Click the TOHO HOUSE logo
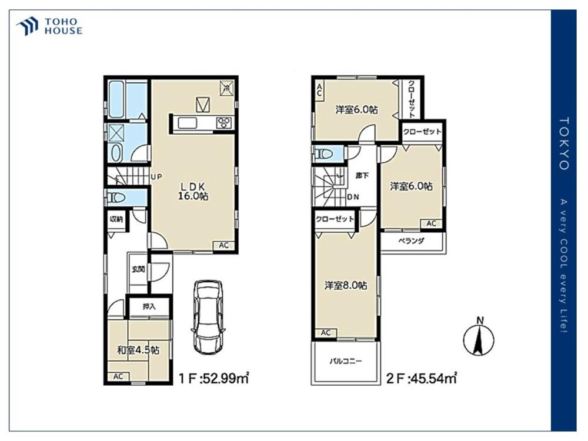(49, 26)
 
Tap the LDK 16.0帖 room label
(193, 191)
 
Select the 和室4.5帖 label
(138, 350)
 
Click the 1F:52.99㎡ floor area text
(214, 378)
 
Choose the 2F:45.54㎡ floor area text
(422, 378)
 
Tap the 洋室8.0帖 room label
(345, 286)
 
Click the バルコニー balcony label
(346, 362)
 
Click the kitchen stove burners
(224, 123)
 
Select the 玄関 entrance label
(138, 269)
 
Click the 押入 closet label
(149, 307)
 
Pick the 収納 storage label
(116, 219)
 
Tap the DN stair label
(353, 197)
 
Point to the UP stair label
(157, 176)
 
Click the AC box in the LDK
(224, 246)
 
